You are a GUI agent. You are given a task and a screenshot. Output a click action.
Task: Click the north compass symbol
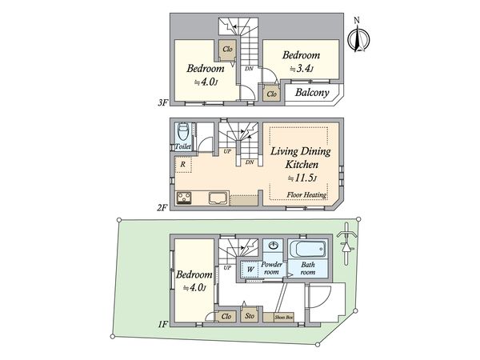358,38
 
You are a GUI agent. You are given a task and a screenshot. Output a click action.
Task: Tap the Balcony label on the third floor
312,93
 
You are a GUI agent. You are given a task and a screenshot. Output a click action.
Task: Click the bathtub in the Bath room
308,250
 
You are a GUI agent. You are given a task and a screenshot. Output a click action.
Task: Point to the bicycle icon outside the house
346,243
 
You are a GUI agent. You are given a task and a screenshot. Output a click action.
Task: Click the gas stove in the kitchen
184,198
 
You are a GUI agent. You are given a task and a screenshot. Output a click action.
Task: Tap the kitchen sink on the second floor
218,198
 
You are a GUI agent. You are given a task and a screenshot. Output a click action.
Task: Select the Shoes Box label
283,317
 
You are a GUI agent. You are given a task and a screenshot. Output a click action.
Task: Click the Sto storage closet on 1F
249,316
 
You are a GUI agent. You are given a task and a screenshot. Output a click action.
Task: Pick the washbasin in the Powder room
273,246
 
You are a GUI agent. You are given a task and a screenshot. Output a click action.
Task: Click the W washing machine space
250,270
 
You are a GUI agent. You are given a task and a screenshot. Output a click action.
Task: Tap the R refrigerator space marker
182,164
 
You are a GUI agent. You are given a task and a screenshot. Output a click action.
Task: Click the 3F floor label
162,102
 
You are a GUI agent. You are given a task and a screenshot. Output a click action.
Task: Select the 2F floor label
162,208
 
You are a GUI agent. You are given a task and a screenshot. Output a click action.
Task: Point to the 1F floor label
162,324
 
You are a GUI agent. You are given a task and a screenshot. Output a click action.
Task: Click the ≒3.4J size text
302,69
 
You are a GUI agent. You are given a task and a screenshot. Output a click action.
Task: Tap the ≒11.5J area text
302,178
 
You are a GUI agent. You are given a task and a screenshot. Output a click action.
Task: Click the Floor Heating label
306,194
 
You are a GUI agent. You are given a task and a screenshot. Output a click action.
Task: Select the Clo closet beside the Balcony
271,94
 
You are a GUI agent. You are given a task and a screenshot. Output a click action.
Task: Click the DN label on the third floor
249,69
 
